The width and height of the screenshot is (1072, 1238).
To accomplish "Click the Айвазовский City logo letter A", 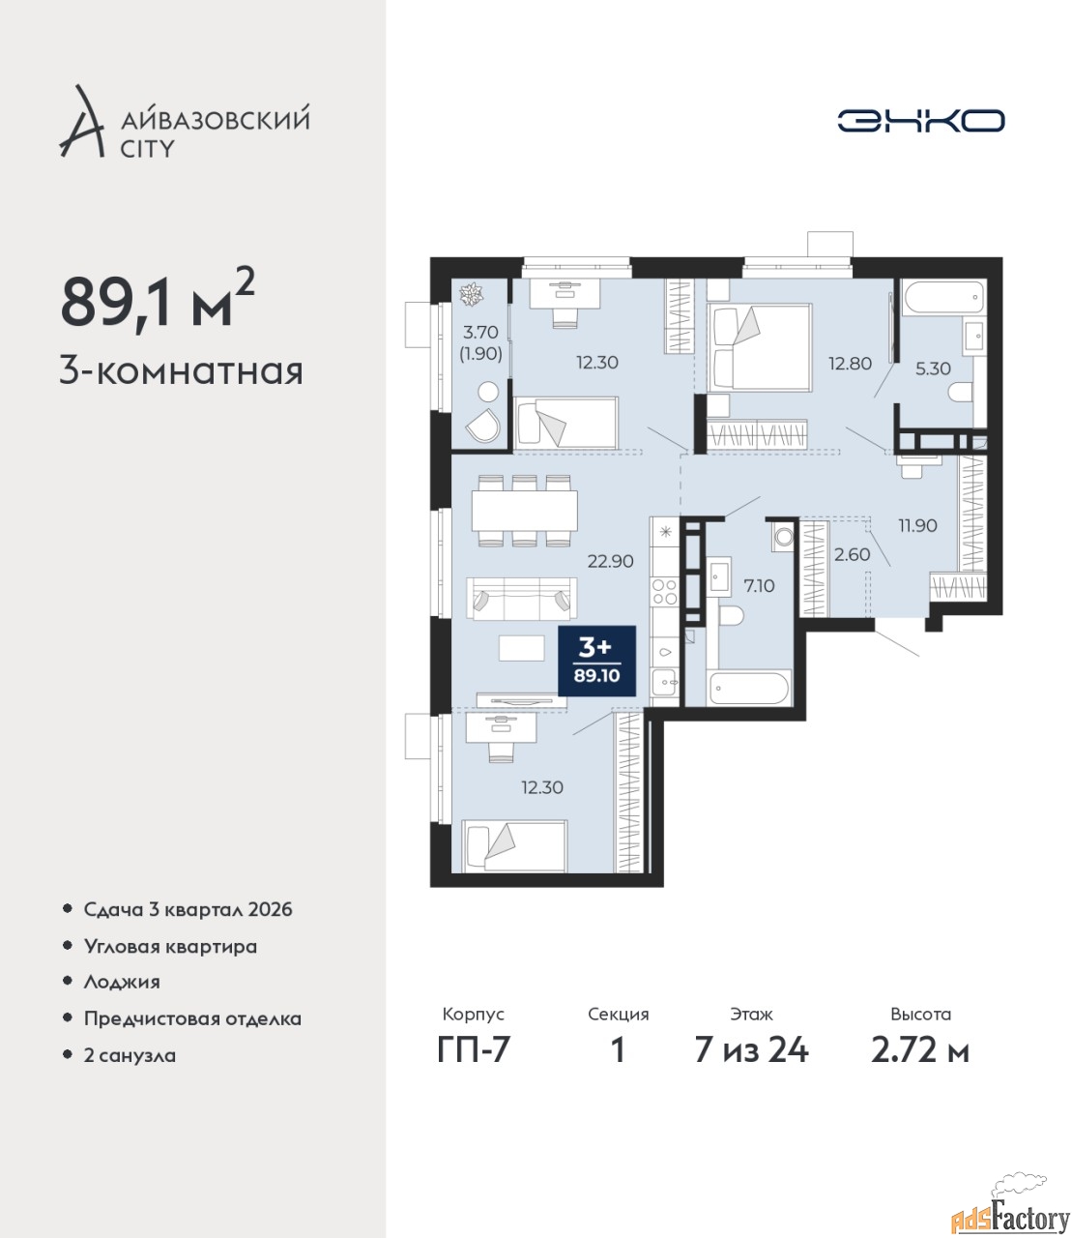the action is tap(82, 123).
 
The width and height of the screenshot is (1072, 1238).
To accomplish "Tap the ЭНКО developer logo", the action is tap(920, 120).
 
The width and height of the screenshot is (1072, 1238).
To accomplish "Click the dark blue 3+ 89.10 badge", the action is tap(596, 661).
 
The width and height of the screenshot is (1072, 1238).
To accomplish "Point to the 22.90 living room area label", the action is tap(610, 561).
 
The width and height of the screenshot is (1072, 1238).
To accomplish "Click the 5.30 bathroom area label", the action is tap(933, 368).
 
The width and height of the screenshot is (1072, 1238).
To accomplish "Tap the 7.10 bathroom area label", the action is tap(759, 585).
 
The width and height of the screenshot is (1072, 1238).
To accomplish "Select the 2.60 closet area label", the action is tap(852, 554).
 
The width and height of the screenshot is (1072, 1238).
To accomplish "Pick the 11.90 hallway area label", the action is tap(917, 525).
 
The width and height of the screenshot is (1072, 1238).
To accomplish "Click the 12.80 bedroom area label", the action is tap(850, 363).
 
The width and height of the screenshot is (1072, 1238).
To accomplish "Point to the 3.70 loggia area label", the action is tap(480, 331).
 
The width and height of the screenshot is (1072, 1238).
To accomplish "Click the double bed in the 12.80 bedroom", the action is tap(759, 348).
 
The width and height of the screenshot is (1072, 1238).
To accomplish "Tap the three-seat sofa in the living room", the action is tap(522, 599).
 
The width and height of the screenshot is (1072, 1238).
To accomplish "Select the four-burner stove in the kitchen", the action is tap(664, 591).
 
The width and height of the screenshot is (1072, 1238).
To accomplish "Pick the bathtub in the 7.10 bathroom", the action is tap(748, 688).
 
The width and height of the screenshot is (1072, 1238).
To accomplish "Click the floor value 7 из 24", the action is tap(751, 1067).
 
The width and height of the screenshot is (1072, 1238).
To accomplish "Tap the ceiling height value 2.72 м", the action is tap(920, 1067).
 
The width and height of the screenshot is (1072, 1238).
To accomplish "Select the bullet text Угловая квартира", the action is tap(170, 947).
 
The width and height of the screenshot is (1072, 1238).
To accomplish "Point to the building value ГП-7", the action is tap(473, 1067).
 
